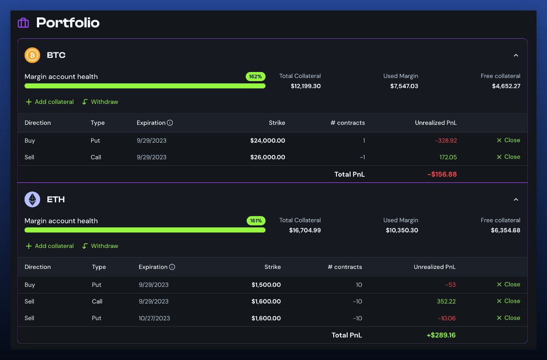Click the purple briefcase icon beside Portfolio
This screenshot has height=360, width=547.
pyautogui.click(x=23, y=23)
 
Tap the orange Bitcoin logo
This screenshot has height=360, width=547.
pyautogui.click(x=32, y=56)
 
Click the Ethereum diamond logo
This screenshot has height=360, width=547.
pyautogui.click(x=32, y=200)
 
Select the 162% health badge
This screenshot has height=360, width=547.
pyautogui.click(x=255, y=77)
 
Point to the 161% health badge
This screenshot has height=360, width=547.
pyautogui.click(x=256, y=221)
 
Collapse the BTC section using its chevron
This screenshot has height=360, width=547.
pyautogui.click(x=516, y=56)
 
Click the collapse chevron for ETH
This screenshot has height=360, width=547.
pyautogui.click(x=516, y=200)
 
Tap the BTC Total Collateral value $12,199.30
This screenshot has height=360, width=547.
pyautogui.click(x=305, y=86)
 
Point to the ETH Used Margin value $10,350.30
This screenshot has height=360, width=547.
pyautogui.click(x=401, y=230)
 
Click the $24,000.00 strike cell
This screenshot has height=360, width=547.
pyautogui.click(x=268, y=141)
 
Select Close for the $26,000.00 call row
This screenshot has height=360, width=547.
pyautogui.click(x=508, y=157)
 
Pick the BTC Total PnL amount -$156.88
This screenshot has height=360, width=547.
pyautogui.click(x=442, y=174)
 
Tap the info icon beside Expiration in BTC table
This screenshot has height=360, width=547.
pyautogui.click(x=170, y=123)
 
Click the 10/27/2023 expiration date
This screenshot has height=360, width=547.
pyautogui.click(x=154, y=318)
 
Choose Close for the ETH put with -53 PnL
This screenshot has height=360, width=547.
pyautogui.click(x=508, y=284)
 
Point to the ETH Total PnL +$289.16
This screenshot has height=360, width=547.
pyautogui.click(x=441, y=335)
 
